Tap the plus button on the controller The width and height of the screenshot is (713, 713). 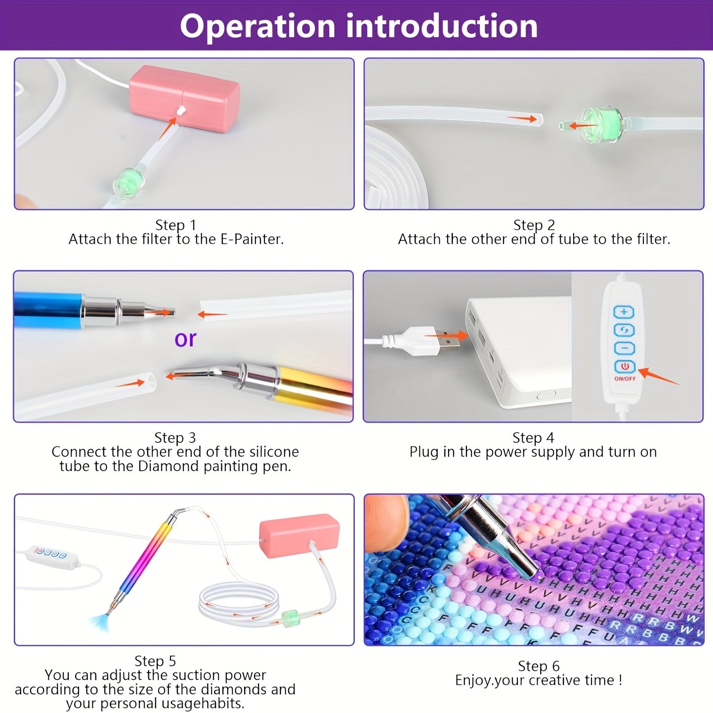(624, 312)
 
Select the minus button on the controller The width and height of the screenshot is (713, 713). (624, 348)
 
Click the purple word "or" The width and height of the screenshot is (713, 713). (185, 339)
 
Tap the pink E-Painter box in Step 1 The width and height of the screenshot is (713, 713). (184, 98)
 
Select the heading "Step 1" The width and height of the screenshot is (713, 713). (175, 225)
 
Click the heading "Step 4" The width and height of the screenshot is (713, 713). (533, 438)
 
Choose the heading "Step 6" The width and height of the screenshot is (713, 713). (539, 666)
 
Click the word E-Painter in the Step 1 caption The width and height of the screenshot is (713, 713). (252, 239)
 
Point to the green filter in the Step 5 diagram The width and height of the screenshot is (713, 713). (290, 619)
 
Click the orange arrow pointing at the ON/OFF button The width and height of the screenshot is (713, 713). (659, 377)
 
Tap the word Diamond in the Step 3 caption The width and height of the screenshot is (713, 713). (168, 466)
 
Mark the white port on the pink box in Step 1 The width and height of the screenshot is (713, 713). (181, 110)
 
